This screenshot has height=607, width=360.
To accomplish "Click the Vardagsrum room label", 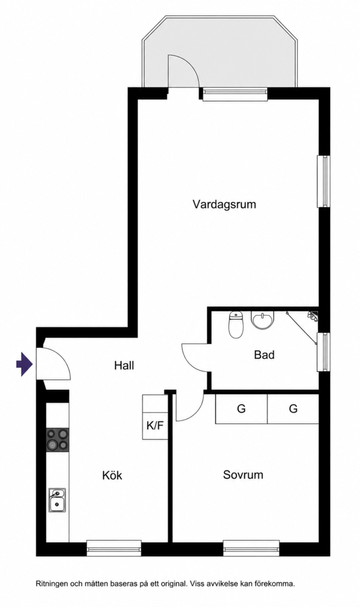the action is point(224,205).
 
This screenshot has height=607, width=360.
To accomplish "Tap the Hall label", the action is point(124,365).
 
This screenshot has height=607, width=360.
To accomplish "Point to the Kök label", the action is point(112,475).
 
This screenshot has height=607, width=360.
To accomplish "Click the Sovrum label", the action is point(243,474).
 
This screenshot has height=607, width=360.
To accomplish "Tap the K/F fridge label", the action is point(155,426).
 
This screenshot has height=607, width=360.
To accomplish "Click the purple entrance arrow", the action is point(24,364).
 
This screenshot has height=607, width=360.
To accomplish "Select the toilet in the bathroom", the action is point(236,324).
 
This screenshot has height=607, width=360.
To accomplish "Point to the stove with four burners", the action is point(58,440).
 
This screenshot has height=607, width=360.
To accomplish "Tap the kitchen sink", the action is point(57,500).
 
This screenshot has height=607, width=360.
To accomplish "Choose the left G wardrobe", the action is point(241,409).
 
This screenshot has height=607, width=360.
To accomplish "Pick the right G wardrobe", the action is point(293,409).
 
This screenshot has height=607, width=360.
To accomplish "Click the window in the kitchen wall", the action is point(113,548).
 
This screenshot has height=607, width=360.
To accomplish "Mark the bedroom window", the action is point(252,548).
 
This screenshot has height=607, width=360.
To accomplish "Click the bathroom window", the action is point(323,352).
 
